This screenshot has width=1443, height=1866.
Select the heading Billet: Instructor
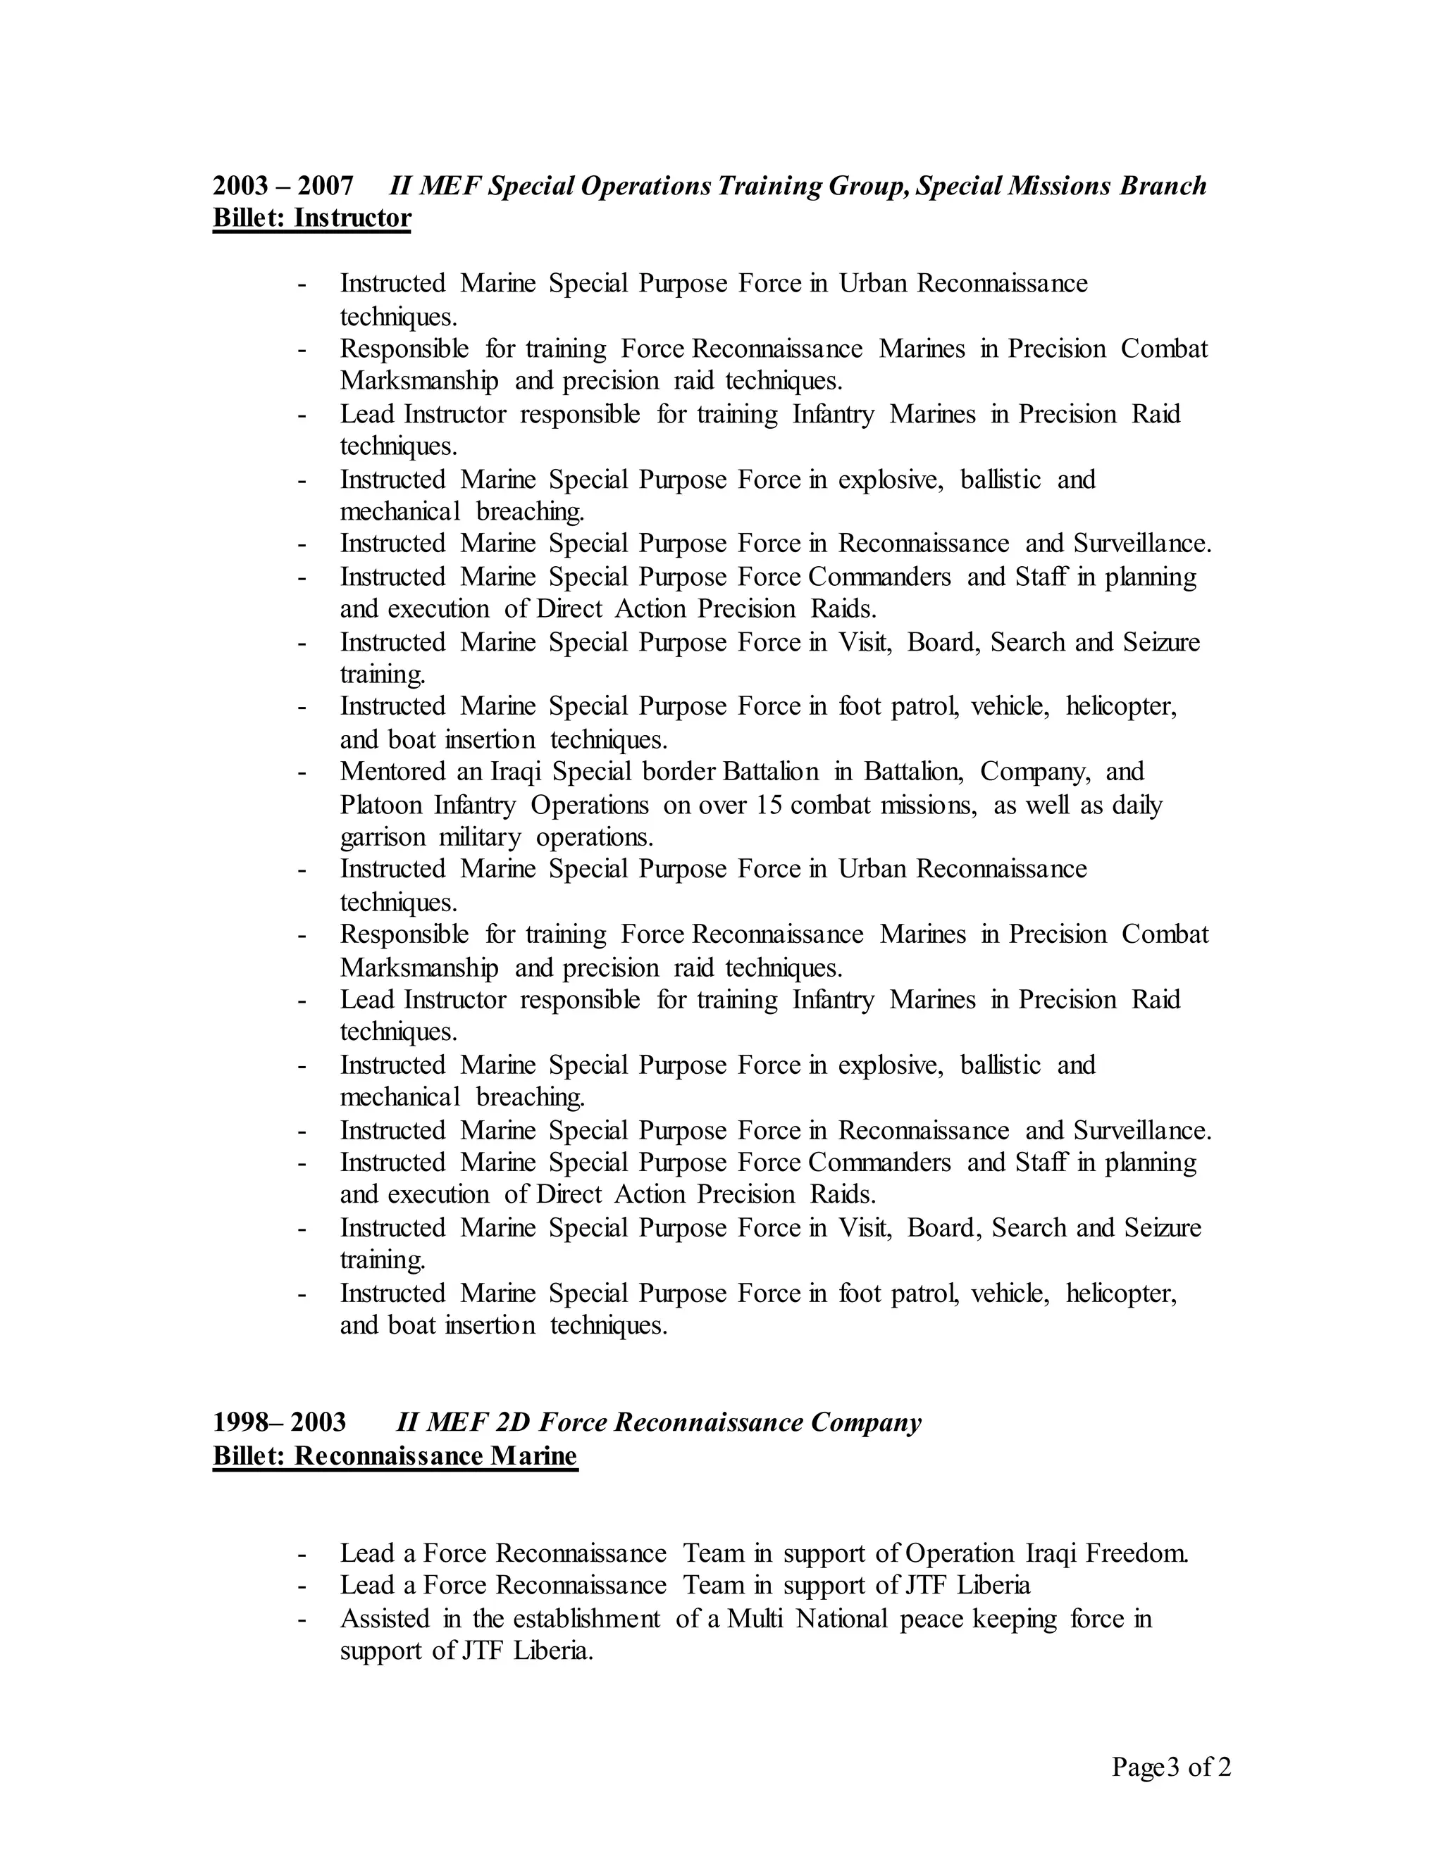click(311, 218)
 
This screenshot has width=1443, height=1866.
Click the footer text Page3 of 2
click(1171, 1766)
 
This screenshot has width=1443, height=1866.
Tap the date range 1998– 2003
click(280, 1422)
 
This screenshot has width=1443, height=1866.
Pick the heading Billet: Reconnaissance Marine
click(395, 1455)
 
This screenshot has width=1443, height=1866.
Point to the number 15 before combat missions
click(769, 805)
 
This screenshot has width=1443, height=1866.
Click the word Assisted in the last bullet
click(384, 1618)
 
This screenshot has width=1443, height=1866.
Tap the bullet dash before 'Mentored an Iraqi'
click(302, 772)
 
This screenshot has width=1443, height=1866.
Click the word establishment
click(586, 1618)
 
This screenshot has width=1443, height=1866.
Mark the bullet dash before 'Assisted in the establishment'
click(302, 1619)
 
